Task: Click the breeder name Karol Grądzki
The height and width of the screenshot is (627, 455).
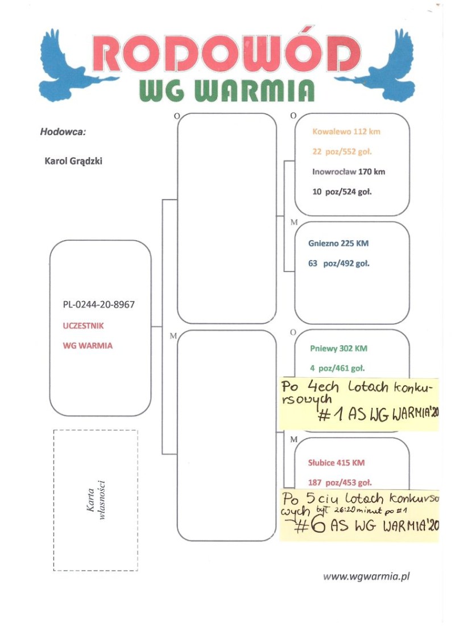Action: click(73, 161)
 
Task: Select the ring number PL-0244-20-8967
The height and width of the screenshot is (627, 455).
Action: click(98, 305)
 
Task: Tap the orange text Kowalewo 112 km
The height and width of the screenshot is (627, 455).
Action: click(346, 132)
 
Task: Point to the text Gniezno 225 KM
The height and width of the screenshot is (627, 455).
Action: click(339, 244)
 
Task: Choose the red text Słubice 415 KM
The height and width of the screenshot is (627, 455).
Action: click(336, 463)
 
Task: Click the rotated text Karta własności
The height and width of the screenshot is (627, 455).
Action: click(96, 500)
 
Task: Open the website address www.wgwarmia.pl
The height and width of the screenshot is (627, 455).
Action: click(366, 576)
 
